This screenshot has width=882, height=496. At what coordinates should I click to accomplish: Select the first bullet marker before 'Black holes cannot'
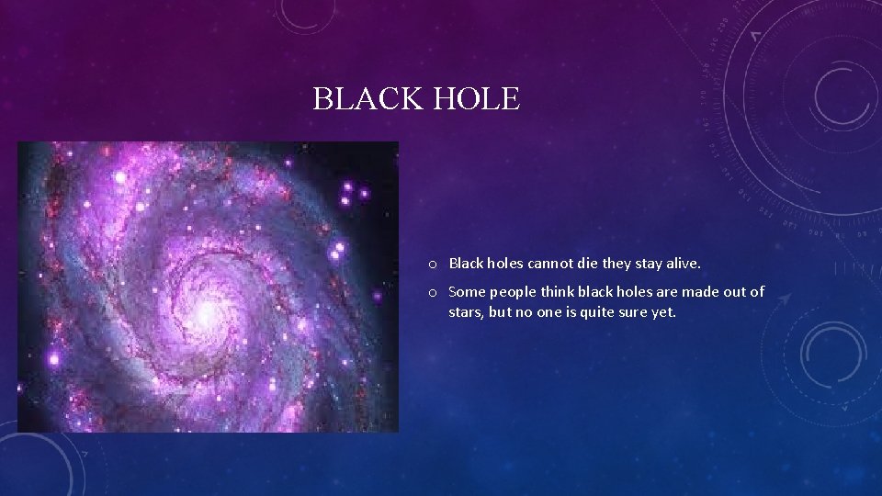coord(432,264)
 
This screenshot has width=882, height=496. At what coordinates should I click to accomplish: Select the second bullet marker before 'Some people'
coord(432,292)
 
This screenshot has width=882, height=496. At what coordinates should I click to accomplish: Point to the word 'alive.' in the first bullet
coord(681,264)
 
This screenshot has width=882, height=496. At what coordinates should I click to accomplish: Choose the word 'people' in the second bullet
coord(514,292)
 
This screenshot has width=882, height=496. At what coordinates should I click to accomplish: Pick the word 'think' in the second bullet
coord(562,292)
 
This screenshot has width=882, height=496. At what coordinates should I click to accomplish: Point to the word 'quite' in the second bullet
coord(588,311)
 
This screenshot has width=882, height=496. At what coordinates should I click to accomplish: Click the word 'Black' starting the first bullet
coord(467,264)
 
